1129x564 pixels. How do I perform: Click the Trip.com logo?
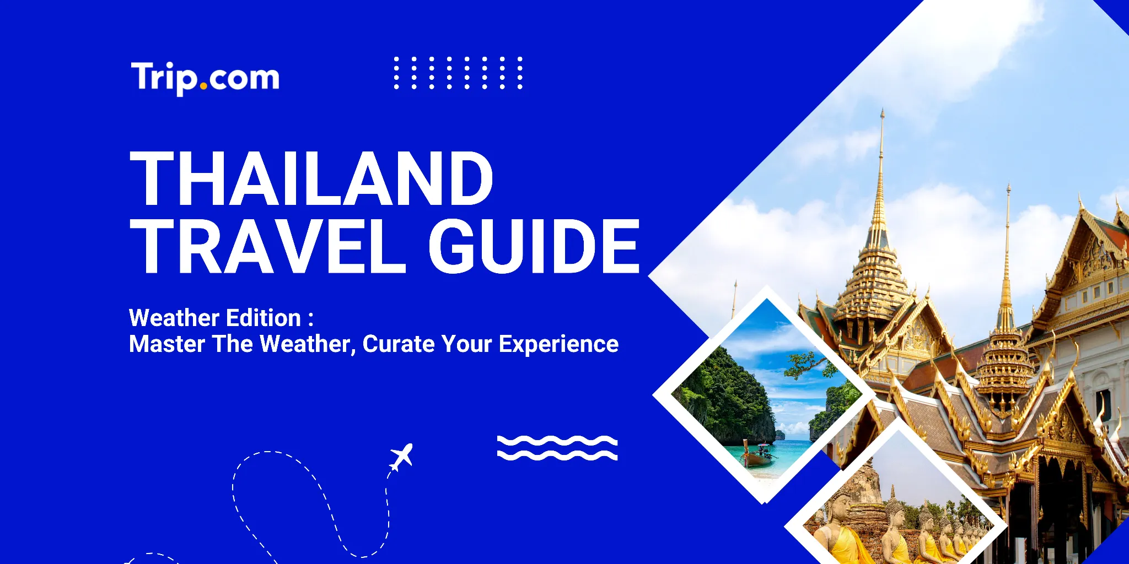[205, 78]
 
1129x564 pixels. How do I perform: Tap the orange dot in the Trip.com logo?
[204, 86]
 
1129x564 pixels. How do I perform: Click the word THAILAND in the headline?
[311, 179]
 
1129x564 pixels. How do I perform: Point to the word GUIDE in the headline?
[534, 246]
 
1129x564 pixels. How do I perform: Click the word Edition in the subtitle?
[263, 318]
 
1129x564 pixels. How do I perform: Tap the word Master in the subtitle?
[167, 344]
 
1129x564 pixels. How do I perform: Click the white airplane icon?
[402, 457]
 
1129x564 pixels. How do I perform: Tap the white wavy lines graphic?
[557, 447]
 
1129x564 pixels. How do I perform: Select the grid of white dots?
[458, 73]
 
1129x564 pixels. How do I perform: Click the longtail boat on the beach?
[758, 457]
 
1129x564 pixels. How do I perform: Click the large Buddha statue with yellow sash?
[841, 529]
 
